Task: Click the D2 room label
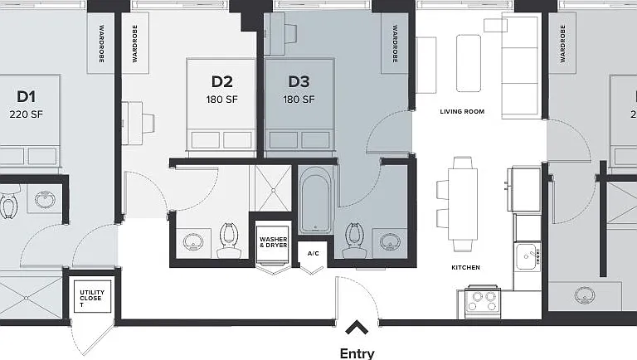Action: tap(221, 81)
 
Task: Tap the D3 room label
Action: tap(299, 81)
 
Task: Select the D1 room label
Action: tap(26, 97)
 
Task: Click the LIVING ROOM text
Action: tap(462, 111)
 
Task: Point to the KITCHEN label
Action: tap(465, 267)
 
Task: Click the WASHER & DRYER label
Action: tap(274, 242)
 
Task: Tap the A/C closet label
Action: tap(313, 254)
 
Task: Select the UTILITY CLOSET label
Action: tap(92, 298)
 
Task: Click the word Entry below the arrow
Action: tap(357, 353)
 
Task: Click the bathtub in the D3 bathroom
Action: tap(316, 200)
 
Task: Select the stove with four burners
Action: tap(481, 302)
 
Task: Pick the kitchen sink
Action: tap(528, 256)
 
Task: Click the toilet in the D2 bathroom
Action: tap(229, 241)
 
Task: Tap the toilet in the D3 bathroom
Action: tap(354, 241)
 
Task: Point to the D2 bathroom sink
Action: tap(193, 242)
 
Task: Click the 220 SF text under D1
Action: tap(26, 114)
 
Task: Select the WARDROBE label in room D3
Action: tap(395, 44)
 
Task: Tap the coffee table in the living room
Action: tap(469, 63)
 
